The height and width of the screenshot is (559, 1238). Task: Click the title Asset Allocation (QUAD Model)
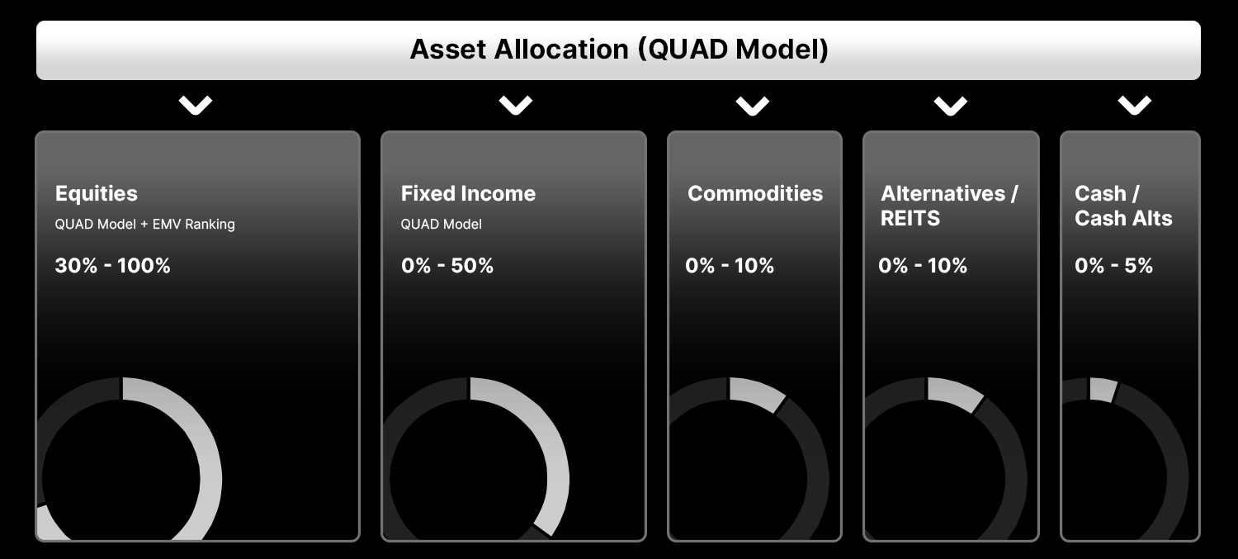[x=619, y=50]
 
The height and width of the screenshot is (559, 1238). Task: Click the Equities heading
[x=97, y=193]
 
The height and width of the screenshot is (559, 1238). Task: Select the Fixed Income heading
[x=468, y=193]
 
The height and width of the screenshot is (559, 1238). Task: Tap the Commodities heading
[x=755, y=193]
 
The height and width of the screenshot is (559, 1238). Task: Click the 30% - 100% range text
[x=112, y=266]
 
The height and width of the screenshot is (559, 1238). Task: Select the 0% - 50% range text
[x=447, y=266]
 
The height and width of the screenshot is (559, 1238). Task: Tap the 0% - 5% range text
[x=1113, y=266]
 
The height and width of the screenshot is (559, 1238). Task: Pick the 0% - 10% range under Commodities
[x=730, y=266]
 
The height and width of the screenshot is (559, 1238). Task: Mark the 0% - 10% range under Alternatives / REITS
[x=923, y=266]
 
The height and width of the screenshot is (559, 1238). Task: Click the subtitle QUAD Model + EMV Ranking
[x=145, y=224]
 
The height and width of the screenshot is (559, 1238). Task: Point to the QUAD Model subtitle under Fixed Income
[x=442, y=224]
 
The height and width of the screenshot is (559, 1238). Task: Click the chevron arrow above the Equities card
[x=196, y=105]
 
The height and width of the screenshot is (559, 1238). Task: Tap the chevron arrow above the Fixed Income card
[x=515, y=105]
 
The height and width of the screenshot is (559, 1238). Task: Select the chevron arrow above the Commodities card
[x=753, y=106]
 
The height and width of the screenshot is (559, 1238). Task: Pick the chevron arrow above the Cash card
[x=1135, y=105]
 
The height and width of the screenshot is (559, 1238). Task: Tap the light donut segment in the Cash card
[x=1103, y=390]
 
